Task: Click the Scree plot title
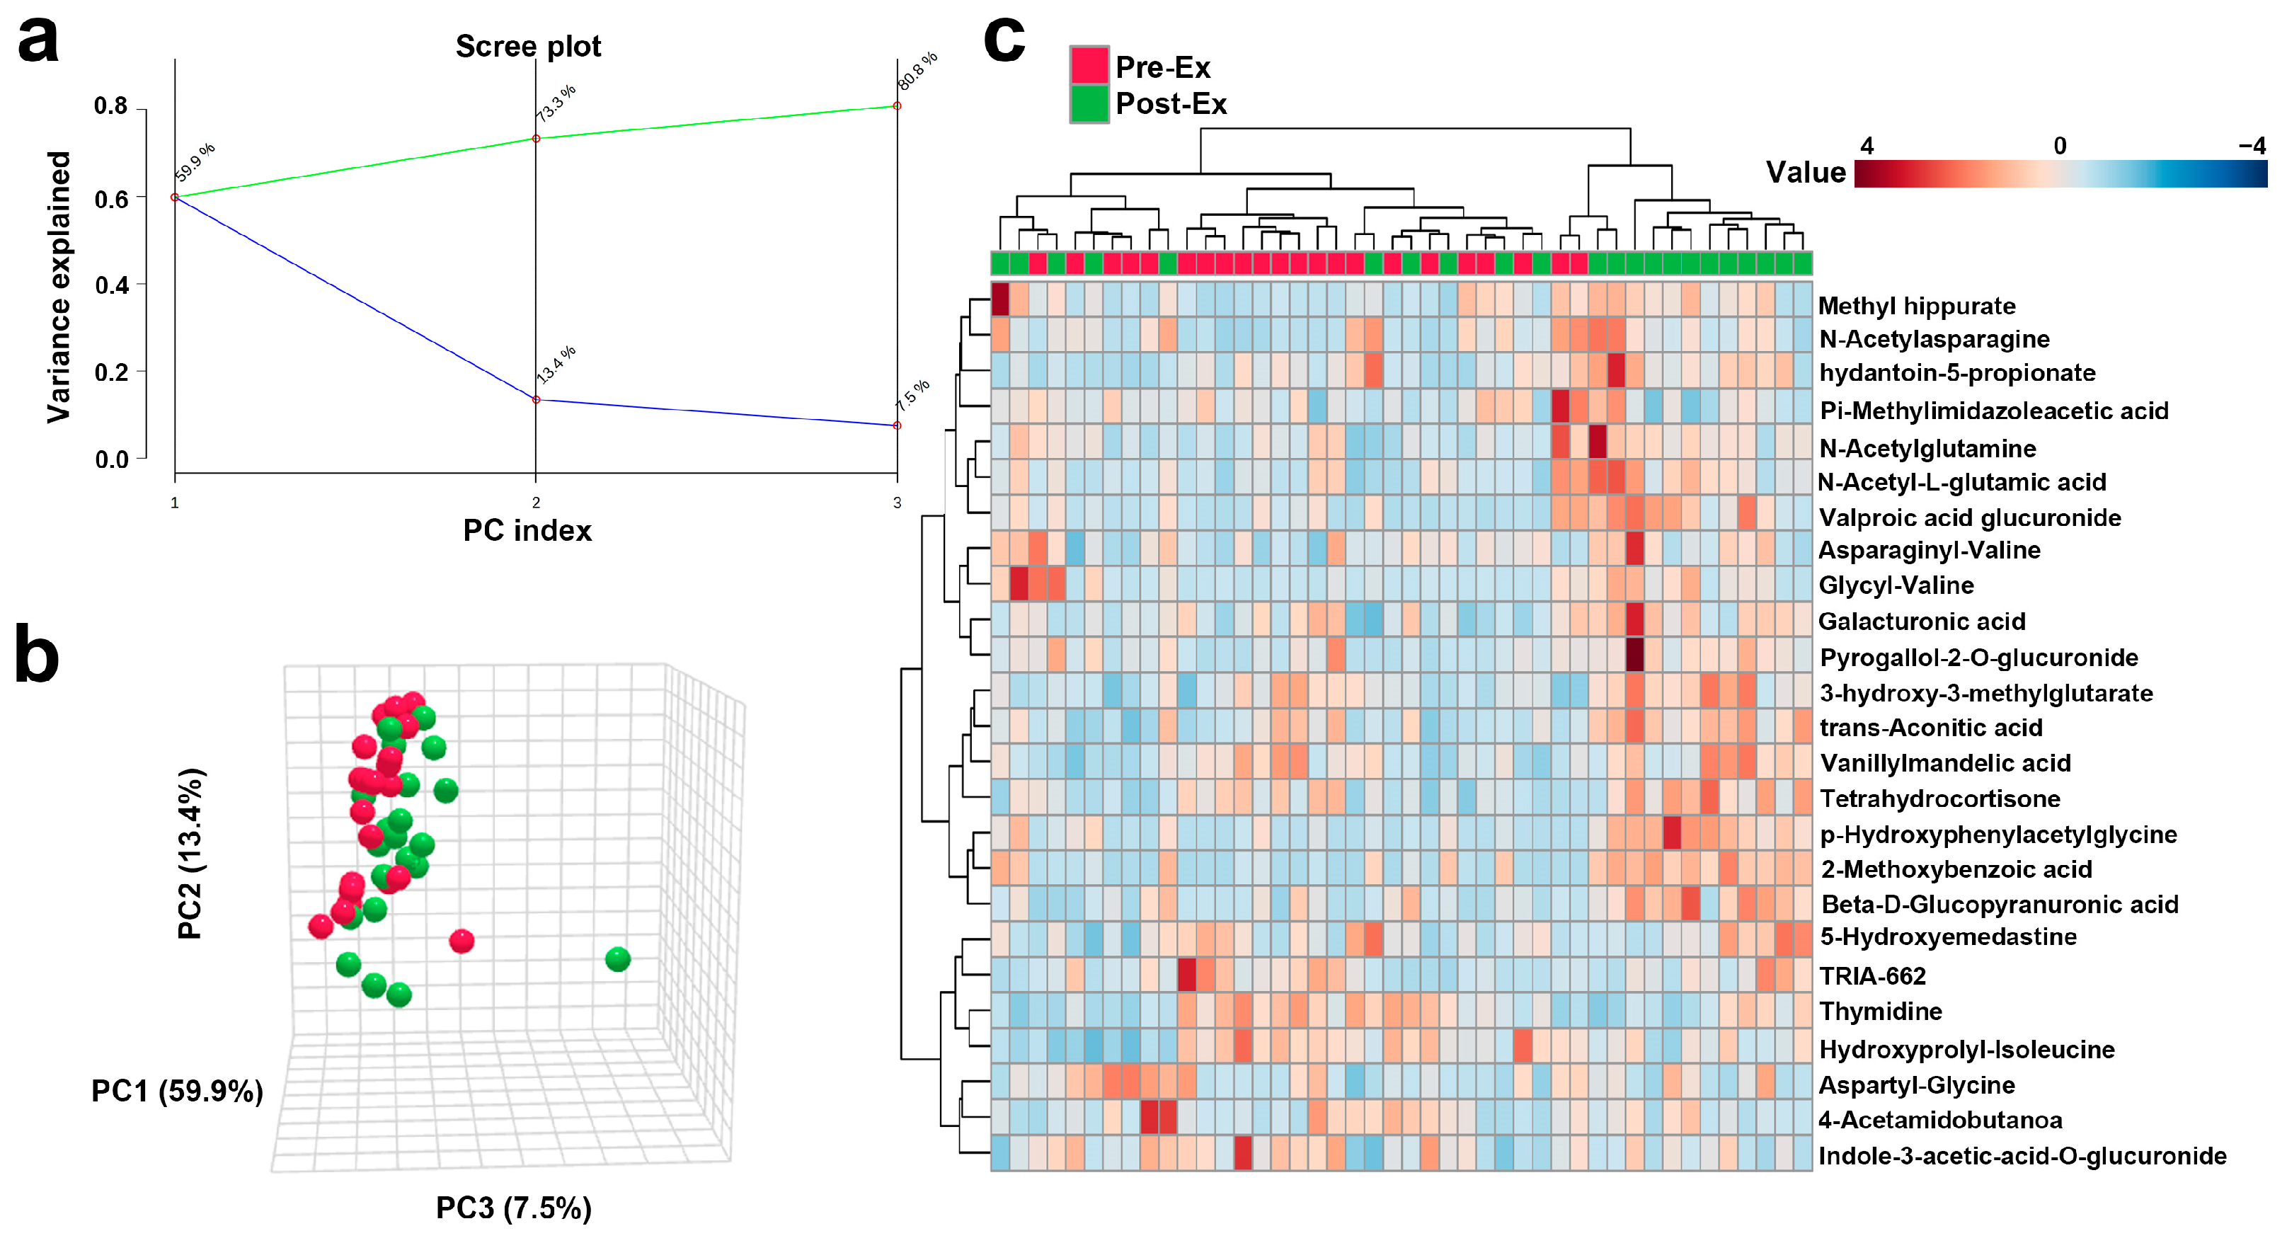[527, 46]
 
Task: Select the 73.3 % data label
[556, 103]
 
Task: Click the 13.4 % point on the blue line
[535, 399]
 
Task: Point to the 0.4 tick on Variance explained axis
[112, 285]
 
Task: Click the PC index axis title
[527, 530]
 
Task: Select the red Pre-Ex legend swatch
[1089, 66]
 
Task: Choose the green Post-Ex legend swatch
[1089, 103]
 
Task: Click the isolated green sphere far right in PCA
[618, 959]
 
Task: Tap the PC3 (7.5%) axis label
[513, 1208]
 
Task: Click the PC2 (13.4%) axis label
[191, 853]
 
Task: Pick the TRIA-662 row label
[1872, 975]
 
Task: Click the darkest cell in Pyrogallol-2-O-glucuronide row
[1634, 655]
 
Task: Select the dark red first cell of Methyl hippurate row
[999, 299]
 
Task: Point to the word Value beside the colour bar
[1805, 171]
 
